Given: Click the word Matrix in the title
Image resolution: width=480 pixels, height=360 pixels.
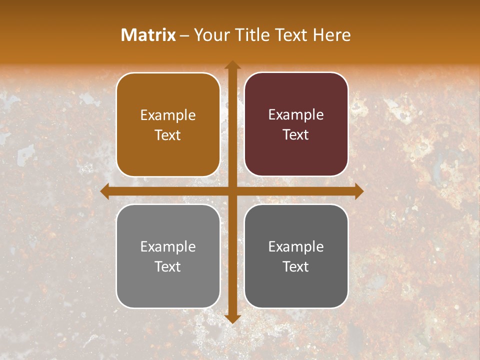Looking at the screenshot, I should pyautogui.click(x=148, y=35).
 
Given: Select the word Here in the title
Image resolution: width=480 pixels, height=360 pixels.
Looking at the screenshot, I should pyautogui.click(x=331, y=35).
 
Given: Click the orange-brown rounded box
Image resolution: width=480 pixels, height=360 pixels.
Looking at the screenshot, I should pyautogui.click(x=168, y=124).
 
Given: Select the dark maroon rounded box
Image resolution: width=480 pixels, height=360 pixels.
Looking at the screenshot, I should pyautogui.click(x=296, y=124).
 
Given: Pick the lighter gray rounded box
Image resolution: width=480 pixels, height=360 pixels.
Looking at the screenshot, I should pyautogui.click(x=168, y=256).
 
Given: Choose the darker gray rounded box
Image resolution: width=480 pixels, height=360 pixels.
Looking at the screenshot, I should pyautogui.click(x=296, y=256).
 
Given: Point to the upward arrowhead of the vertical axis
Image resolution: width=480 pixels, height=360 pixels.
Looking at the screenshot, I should pyautogui.click(x=232, y=65).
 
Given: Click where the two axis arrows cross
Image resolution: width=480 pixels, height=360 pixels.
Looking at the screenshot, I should pyautogui.click(x=232, y=191).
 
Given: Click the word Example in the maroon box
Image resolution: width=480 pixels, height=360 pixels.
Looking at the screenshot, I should pyautogui.click(x=296, y=115).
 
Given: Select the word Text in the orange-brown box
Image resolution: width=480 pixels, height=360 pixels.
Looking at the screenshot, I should pyautogui.click(x=168, y=135).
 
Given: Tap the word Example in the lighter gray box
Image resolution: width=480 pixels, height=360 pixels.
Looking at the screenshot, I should pyautogui.click(x=168, y=246).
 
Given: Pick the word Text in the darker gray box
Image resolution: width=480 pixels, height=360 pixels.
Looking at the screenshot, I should pyautogui.click(x=296, y=266).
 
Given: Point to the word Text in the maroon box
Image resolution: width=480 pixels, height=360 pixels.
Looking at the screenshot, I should pyautogui.click(x=296, y=135).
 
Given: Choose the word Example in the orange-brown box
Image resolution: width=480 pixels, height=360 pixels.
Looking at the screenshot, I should pyautogui.click(x=168, y=115).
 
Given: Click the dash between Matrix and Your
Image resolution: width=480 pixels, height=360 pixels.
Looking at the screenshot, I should pyautogui.click(x=184, y=35).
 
